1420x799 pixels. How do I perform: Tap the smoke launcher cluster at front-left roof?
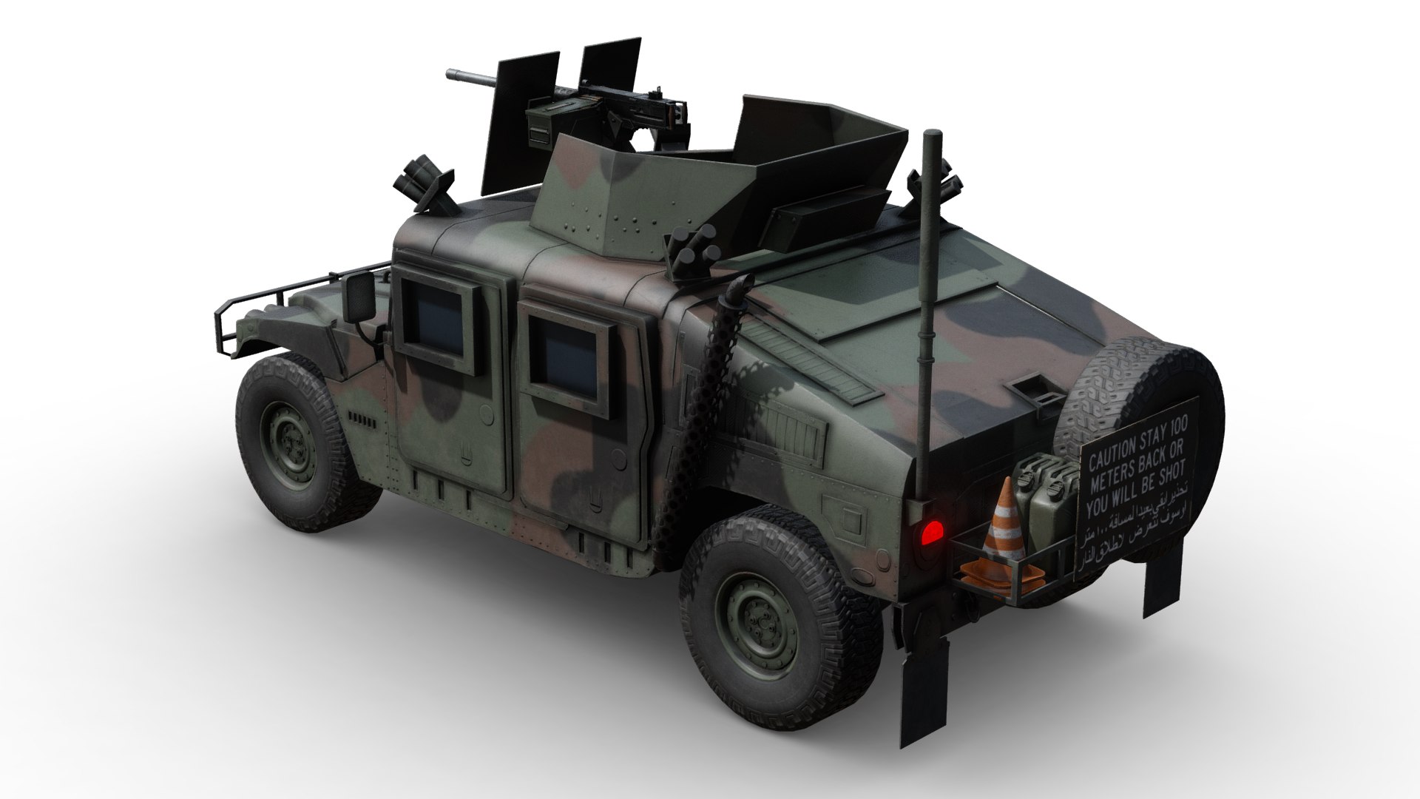[x=426, y=184]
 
